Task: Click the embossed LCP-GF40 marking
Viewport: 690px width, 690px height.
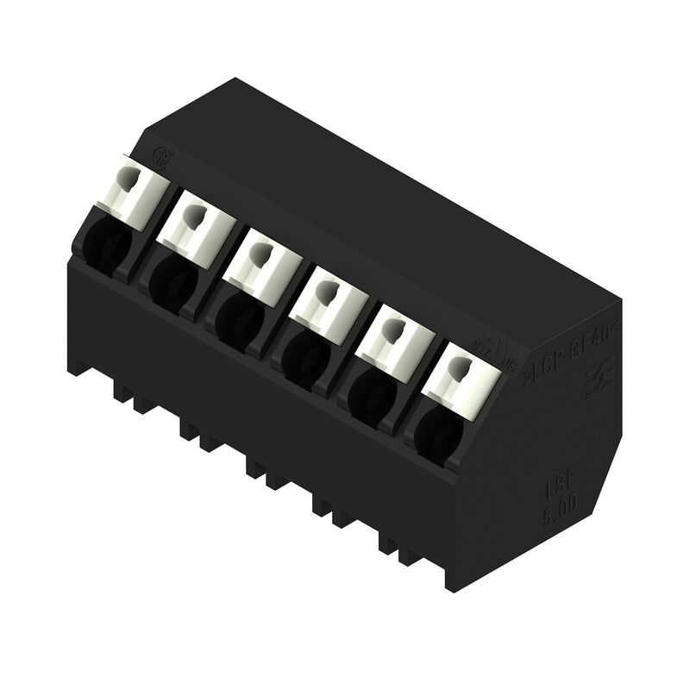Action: (x=574, y=361)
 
